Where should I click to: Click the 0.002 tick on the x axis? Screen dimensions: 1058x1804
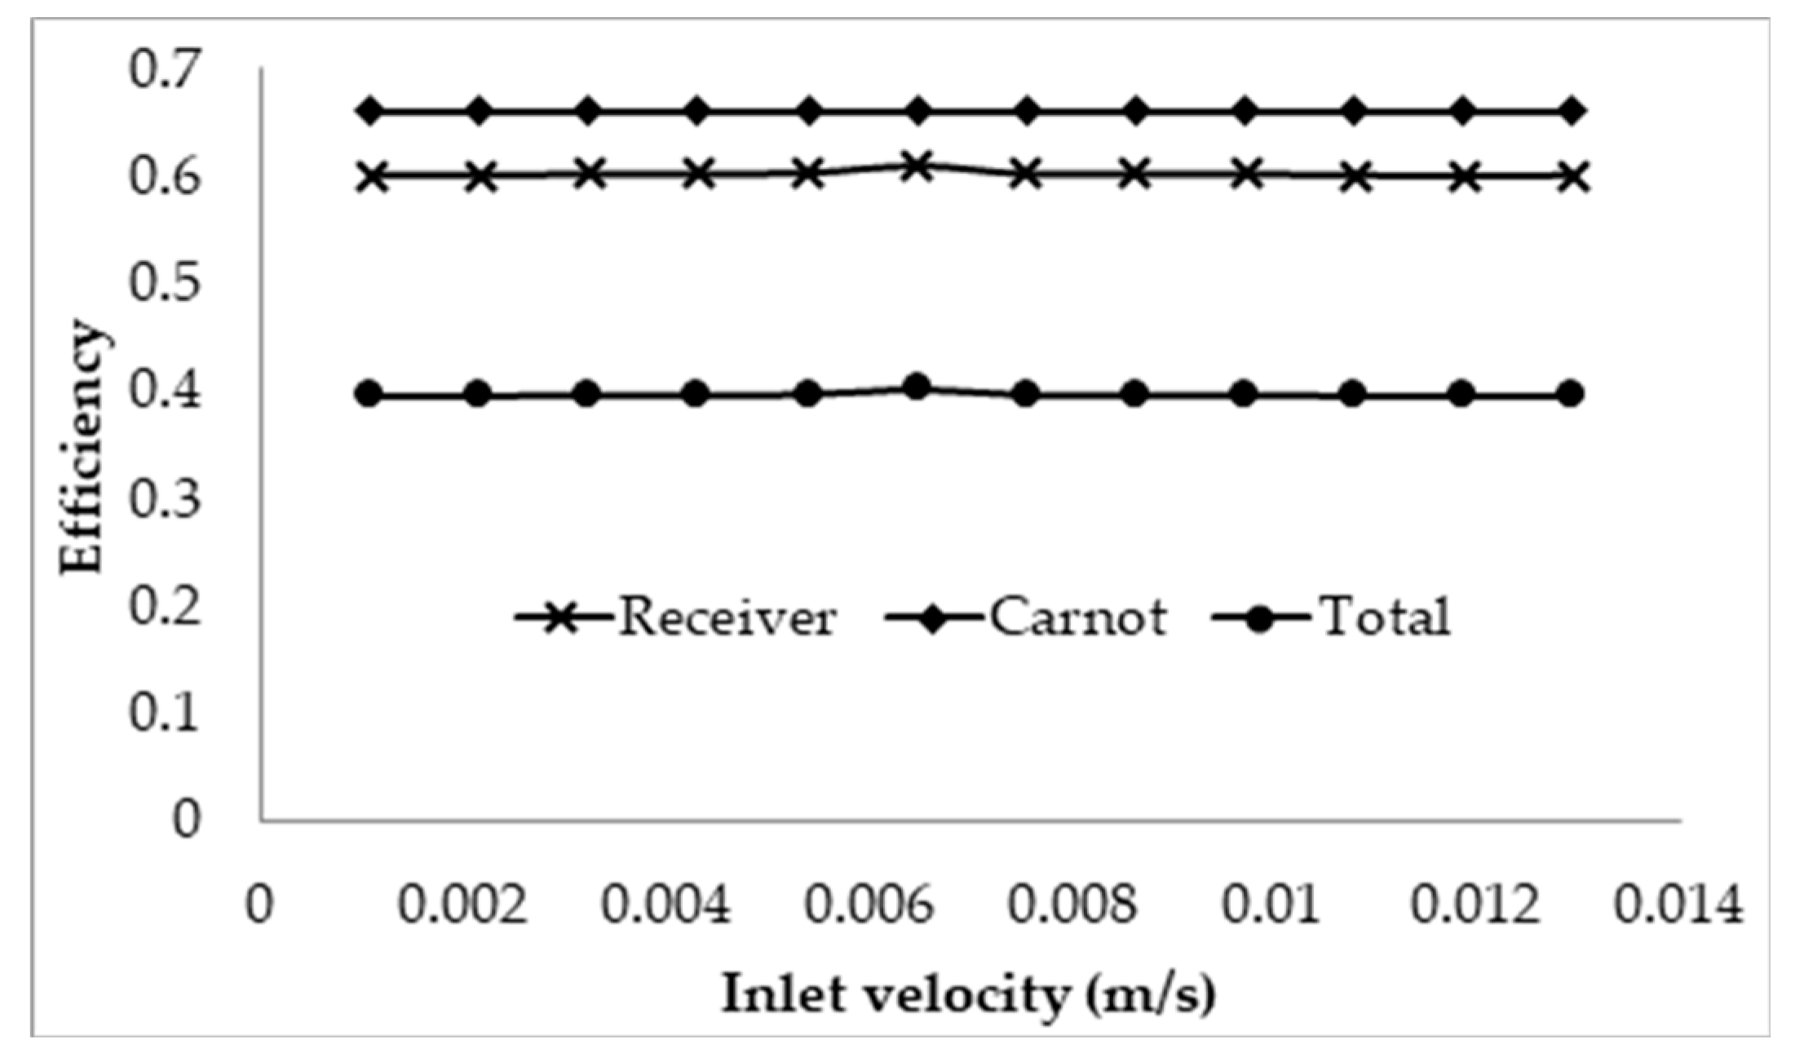coord(462,906)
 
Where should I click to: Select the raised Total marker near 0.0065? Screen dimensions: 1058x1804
coord(917,387)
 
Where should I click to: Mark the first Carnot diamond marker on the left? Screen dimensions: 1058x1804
coord(370,111)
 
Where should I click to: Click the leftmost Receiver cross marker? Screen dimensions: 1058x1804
coord(373,176)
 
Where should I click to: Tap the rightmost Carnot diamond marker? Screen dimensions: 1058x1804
coord(1573,111)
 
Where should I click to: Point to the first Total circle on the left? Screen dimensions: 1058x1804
coord(369,395)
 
